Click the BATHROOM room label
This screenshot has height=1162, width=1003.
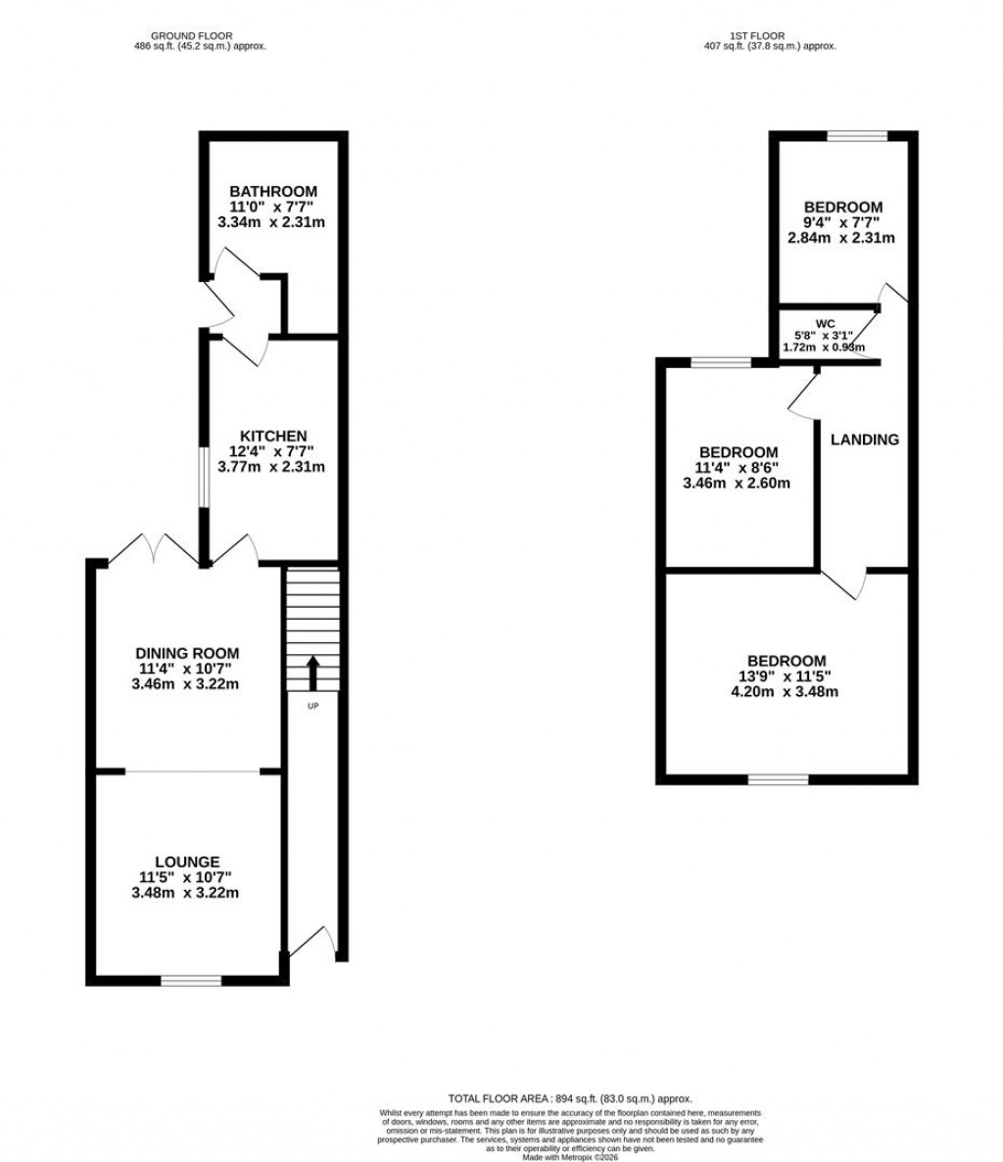[273, 191]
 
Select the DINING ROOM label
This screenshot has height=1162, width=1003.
[188, 653]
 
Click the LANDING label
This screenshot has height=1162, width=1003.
[865, 440]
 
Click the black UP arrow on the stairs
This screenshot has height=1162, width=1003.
[313, 674]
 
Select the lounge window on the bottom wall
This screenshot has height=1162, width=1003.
[192, 979]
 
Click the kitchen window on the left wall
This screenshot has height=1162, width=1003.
[202, 478]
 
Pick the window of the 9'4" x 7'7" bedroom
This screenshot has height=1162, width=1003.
[858, 135]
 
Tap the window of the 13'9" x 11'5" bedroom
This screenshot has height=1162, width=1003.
[780, 779]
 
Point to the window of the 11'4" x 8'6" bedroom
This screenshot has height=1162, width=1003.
[722, 363]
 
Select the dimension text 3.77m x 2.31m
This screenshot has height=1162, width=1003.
[270, 467]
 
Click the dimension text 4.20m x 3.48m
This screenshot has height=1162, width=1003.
[786, 692]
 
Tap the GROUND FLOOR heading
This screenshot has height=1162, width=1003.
[201, 38]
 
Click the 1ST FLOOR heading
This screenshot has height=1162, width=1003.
[771, 38]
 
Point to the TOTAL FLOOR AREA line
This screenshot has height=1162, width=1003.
[576, 1099]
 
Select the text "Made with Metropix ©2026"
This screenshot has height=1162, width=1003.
[575, 1156]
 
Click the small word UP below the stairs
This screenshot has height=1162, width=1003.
[313, 706]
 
